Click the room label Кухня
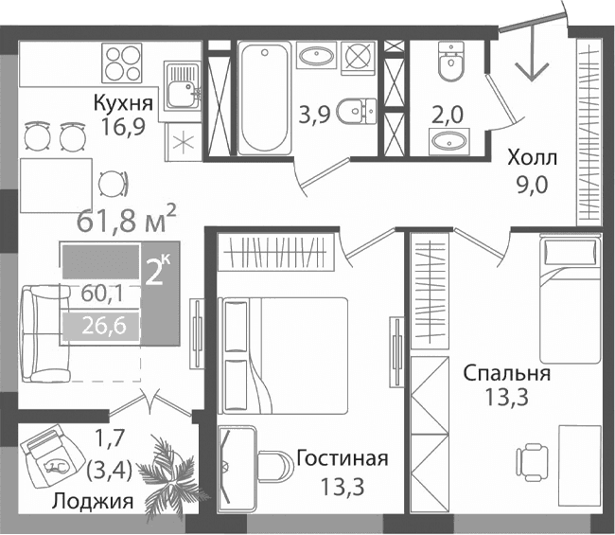coord(124,102)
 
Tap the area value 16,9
coord(124,126)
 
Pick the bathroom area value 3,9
coord(314,116)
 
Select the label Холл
coord(532,157)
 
